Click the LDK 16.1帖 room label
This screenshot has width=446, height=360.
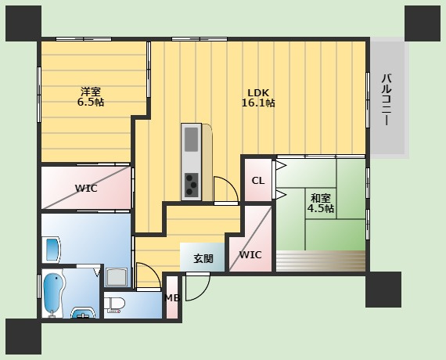pos(258,98)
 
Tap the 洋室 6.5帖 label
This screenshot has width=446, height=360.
pos(91,97)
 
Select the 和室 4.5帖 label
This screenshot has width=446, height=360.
pos(321,203)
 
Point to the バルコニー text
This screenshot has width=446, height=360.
pos(387,99)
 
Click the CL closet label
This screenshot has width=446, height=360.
pos(258,181)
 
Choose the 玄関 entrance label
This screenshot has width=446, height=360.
pos(203,259)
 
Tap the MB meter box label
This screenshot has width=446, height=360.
pos(173,298)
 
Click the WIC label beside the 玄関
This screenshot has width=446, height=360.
pos(250,254)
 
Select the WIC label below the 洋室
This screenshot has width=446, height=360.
pos(86,188)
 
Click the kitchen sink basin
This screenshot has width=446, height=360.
pos(191,139)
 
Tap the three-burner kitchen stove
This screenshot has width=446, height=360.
pos(191,185)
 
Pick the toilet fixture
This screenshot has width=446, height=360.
pos(114,305)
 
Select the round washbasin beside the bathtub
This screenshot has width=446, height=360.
pos(83,313)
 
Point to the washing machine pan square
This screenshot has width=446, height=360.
pos(117,278)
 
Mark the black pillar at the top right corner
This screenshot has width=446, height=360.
pos(423,23)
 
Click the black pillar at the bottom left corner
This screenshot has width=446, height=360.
pos(23,337)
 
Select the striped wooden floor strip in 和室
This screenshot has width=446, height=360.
pos(321,261)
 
